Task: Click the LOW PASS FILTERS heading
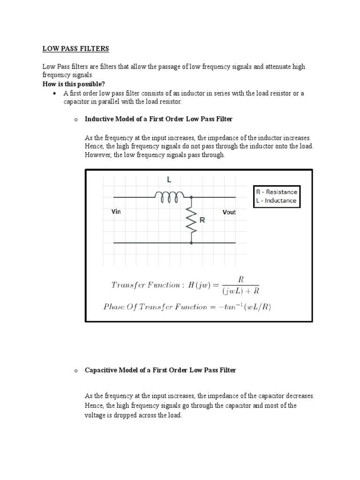(75, 48)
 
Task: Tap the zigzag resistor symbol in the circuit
(191, 219)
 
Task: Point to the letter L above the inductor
(169, 180)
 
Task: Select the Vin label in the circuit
(116, 212)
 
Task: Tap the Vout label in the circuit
(229, 212)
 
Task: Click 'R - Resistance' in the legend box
(276, 192)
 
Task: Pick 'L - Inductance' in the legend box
(276, 201)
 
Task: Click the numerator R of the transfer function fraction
(241, 279)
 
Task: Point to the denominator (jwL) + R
(241, 291)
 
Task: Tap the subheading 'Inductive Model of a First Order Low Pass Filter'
(158, 119)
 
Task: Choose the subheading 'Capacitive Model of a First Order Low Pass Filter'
(160, 370)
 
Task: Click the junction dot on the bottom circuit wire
(191, 243)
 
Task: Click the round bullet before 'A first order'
(55, 93)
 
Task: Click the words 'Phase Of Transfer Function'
(155, 307)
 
